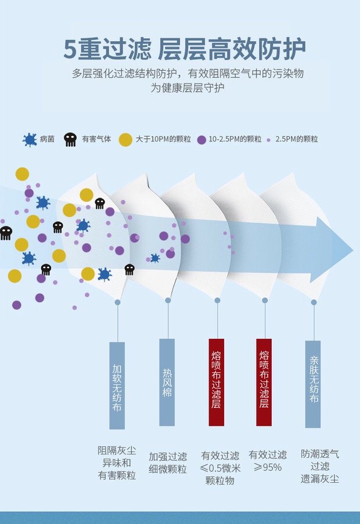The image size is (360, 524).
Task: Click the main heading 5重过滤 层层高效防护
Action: point(184,49)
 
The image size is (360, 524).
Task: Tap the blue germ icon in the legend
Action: point(30,139)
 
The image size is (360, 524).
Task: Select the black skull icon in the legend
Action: point(70,139)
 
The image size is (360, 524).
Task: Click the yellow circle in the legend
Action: point(125,139)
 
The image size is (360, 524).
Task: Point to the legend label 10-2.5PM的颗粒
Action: point(235,139)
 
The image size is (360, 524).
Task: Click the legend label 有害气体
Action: point(96,139)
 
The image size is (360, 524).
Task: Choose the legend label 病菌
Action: point(47,139)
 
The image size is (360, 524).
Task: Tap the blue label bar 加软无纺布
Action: point(117,385)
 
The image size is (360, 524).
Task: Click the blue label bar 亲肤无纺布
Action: point(314,384)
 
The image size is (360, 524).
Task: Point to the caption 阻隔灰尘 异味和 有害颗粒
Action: point(117,462)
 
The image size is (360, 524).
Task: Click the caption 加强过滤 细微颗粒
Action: point(168,462)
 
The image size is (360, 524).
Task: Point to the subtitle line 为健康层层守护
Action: point(188,88)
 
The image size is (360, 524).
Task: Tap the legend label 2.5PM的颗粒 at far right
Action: point(296,139)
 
